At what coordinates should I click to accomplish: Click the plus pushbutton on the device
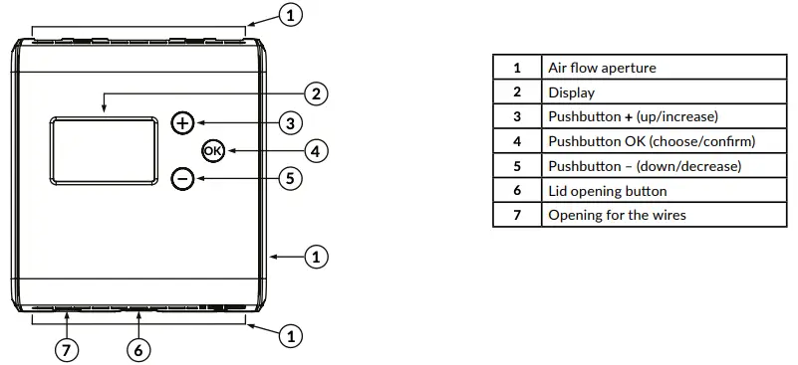[182, 123]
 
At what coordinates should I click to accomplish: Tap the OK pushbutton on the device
[213, 151]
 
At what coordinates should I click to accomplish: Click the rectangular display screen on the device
[103, 150]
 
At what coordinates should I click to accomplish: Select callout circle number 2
[315, 94]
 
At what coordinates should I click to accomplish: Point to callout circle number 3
[289, 123]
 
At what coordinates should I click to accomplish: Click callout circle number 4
[315, 151]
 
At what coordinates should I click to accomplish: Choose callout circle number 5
[289, 179]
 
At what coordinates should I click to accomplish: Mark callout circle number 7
[67, 349]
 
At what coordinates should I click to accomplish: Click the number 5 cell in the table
[517, 166]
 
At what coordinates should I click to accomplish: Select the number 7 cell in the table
[517, 215]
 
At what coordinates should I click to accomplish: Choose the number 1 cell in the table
[517, 68]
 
